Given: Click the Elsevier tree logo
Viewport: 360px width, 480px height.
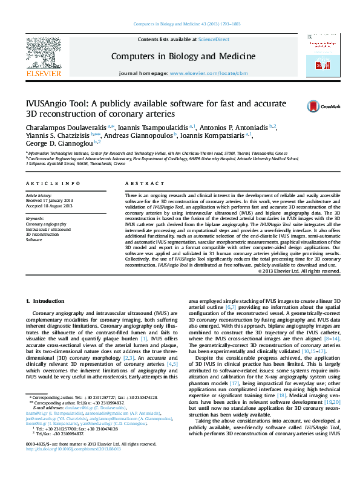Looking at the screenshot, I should click(x=43, y=54).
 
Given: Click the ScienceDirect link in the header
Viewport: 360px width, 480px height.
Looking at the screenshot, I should click(x=214, y=39).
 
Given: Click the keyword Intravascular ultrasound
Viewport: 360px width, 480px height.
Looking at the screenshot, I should click(x=48, y=229).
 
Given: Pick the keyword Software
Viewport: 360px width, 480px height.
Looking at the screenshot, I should click(x=34, y=239).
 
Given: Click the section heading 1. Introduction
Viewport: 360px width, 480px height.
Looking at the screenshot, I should click(x=45, y=300).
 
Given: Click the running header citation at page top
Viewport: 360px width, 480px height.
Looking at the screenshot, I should click(x=179, y=24).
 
